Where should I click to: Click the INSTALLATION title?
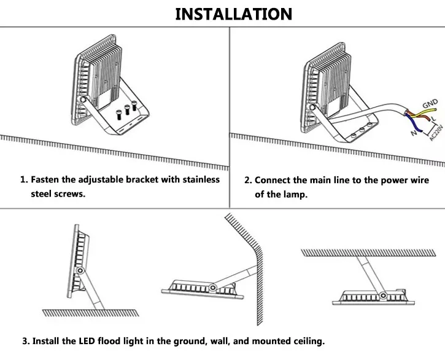click(233, 14)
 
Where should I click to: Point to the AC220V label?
click(436, 130)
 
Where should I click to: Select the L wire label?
click(433, 117)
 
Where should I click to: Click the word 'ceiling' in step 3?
click(307, 340)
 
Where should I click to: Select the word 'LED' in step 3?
click(87, 340)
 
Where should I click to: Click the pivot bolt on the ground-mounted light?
click(80, 270)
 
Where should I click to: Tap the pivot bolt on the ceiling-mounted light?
click(382, 295)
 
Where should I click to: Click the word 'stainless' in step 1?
click(198, 179)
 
